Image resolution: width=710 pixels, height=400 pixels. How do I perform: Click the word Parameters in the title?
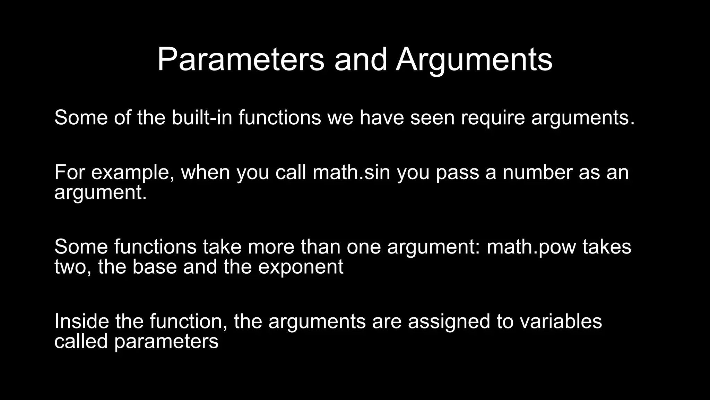[241, 60]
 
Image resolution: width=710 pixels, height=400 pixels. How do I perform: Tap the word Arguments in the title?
[474, 60]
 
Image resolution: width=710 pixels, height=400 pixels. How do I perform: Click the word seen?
[432, 117]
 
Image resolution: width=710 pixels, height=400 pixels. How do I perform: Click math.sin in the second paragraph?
[351, 172]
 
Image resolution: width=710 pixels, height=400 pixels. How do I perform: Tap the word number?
[537, 172]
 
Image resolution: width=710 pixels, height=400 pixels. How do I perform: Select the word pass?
[457, 172]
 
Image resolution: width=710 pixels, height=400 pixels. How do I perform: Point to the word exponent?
[301, 267]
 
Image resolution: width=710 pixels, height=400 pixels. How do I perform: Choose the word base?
[155, 267]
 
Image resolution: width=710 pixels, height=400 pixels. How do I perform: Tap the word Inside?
[81, 321]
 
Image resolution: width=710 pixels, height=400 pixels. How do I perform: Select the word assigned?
[449, 321]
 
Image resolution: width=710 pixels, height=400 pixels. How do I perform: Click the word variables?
[561, 321]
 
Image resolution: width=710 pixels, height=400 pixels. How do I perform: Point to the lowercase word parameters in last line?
[166, 341]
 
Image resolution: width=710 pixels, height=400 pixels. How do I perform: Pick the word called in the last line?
[81, 341]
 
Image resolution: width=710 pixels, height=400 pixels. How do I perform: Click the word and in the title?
[360, 60]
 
